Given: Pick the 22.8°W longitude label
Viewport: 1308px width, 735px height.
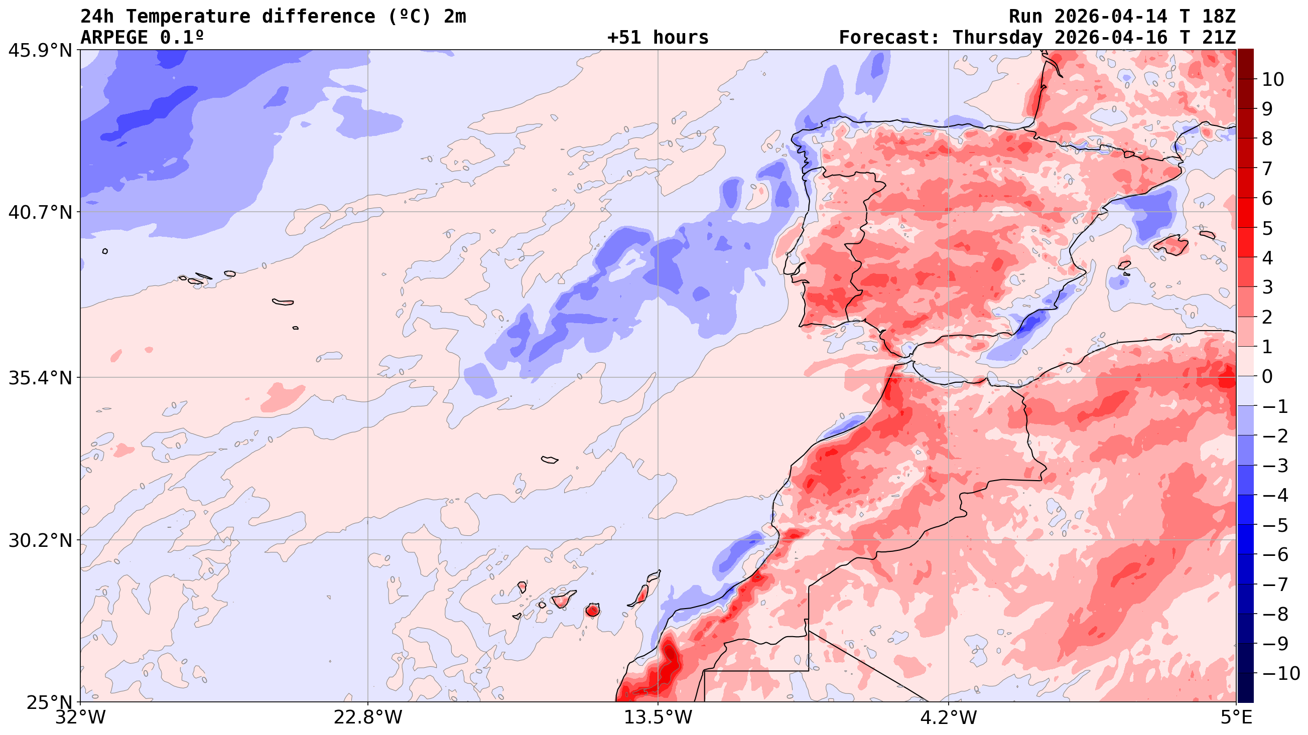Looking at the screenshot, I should pos(367,717).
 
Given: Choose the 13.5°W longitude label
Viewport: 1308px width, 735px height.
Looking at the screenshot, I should pos(658,717).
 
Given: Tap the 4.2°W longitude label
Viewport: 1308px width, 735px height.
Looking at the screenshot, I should pos(949,717).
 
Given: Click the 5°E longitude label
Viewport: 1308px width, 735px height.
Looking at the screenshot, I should pos(1236,717).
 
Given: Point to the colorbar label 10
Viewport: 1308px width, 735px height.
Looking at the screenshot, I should pos(1272,79).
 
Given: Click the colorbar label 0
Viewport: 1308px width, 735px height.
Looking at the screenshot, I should pos(1267,377).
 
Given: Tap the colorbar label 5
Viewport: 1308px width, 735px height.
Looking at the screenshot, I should pos(1267,228).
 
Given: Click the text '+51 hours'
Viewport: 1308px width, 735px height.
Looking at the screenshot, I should pos(658,38).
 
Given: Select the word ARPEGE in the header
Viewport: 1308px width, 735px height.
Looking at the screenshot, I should pos(114,38).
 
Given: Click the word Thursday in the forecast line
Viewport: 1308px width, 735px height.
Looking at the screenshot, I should pos(997,38).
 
